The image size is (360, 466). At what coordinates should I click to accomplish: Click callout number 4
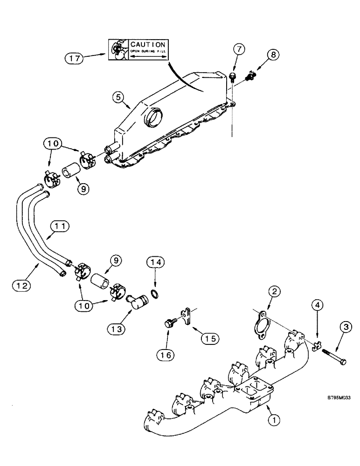(317, 306)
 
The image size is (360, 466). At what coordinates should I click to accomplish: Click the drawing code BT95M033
(339, 398)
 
